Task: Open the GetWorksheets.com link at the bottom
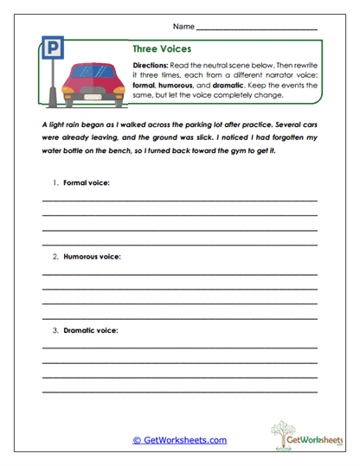coord(179,440)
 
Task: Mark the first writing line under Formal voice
coord(180,201)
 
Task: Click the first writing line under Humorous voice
coord(180,275)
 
